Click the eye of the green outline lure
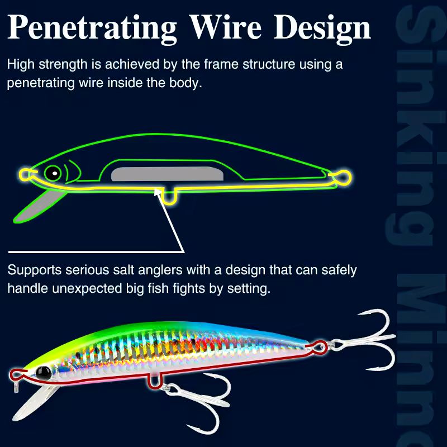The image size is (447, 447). click(x=53, y=173)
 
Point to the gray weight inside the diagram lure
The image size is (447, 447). click(x=167, y=174)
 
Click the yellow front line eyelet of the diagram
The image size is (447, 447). click(x=25, y=174)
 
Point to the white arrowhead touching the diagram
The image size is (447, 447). click(x=157, y=192)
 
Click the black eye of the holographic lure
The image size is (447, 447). click(x=44, y=373)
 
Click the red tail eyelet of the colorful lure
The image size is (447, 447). click(x=318, y=347)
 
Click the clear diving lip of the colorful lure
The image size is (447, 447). click(x=34, y=403)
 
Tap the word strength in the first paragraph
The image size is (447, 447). click(x=63, y=65)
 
